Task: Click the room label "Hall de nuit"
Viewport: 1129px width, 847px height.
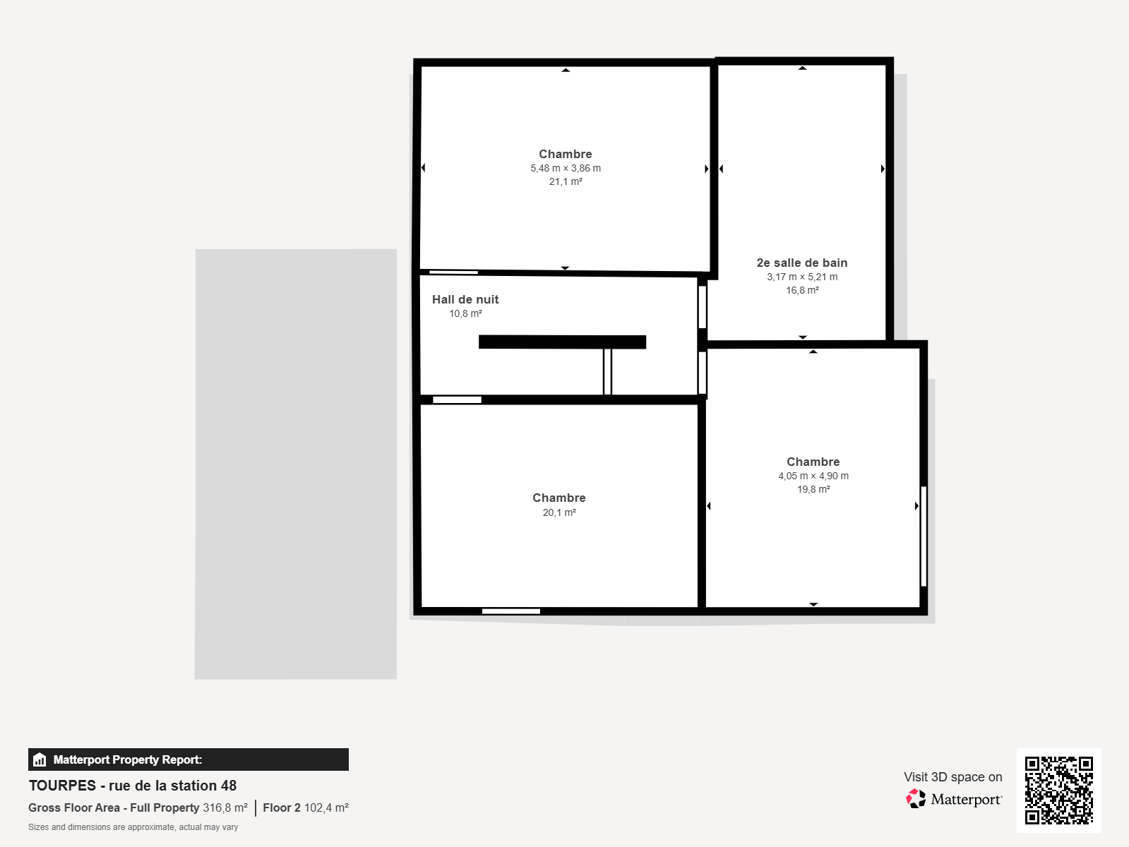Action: pos(465,299)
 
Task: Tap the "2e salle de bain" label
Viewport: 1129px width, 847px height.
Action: pos(802,263)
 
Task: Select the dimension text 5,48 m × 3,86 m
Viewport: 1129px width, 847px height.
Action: pos(566,168)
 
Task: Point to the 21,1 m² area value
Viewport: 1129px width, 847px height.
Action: pos(566,181)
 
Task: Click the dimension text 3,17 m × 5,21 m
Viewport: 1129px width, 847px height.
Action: pos(802,277)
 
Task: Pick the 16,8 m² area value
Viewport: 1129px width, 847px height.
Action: pos(802,290)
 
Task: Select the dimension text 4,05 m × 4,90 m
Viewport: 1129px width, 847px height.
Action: pos(813,476)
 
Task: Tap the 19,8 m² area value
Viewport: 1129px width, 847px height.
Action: pos(813,489)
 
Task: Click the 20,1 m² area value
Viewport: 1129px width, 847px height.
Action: pos(559,512)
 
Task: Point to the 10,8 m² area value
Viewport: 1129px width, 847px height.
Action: pos(465,313)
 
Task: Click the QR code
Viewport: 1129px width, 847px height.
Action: pos(1058,790)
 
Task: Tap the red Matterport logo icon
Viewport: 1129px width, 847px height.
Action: pos(915,799)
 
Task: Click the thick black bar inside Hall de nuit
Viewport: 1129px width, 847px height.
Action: pos(562,342)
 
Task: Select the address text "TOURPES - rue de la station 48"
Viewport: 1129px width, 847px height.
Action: pos(132,786)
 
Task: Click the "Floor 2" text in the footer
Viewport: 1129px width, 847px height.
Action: pos(281,807)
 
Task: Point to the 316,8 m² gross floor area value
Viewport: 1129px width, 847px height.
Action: pos(225,807)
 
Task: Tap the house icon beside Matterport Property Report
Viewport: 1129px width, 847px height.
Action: pos(40,759)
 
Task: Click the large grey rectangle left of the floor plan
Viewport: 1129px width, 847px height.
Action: pos(296,464)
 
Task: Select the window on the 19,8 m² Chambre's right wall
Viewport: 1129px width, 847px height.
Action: pos(924,536)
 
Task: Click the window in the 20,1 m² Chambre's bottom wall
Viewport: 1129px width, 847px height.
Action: pos(510,611)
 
